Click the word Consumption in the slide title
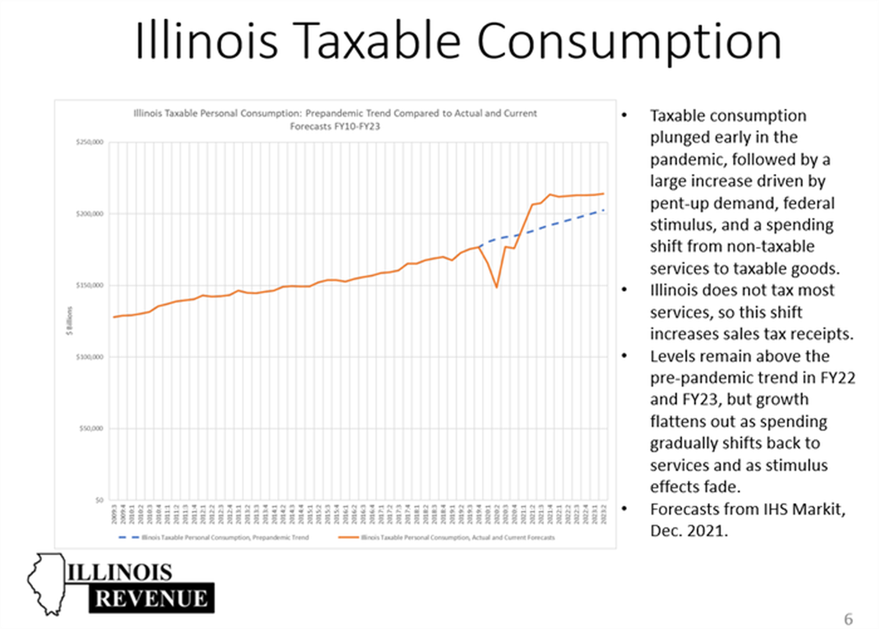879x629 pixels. click(628, 42)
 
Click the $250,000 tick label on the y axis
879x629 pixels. click(90, 142)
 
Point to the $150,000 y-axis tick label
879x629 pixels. click(90, 286)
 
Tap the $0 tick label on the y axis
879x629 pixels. click(99, 500)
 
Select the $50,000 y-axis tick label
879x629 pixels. click(91, 428)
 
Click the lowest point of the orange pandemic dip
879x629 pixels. click(497, 287)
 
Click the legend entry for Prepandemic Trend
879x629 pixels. click(214, 537)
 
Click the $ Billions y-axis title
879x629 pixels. click(70, 321)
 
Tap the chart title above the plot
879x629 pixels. click(335, 119)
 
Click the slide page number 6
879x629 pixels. click(848, 619)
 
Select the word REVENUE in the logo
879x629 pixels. click(152, 599)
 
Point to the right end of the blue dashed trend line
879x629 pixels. click(604, 210)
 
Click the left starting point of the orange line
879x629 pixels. click(114, 317)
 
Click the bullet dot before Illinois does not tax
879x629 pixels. click(624, 290)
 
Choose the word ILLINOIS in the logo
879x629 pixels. click(120, 572)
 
